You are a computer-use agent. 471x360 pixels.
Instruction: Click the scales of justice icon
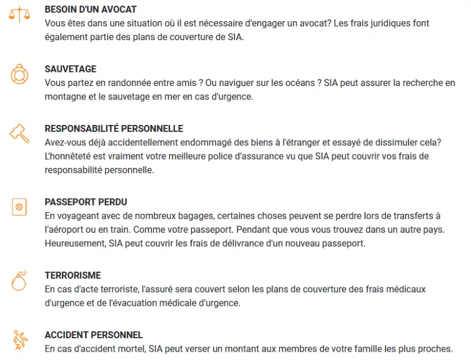coord(19,14)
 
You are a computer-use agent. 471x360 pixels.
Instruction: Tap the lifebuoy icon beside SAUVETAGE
coord(19,74)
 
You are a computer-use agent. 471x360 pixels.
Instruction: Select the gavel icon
coord(19,133)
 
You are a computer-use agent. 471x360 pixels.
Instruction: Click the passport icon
coord(19,207)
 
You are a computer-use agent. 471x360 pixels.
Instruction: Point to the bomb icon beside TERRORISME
coord(19,281)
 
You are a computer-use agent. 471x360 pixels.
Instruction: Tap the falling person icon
coord(19,340)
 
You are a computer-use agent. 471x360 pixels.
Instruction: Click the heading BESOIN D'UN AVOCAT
coord(91,9)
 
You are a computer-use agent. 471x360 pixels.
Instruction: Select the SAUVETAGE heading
coord(71,69)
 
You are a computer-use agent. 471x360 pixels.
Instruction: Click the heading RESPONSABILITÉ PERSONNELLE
coord(114,128)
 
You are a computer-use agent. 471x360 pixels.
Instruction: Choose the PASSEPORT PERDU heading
coord(86,202)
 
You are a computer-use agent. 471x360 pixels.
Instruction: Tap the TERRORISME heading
coord(73,275)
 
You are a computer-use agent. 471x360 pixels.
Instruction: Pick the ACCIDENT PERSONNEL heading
coord(94,335)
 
